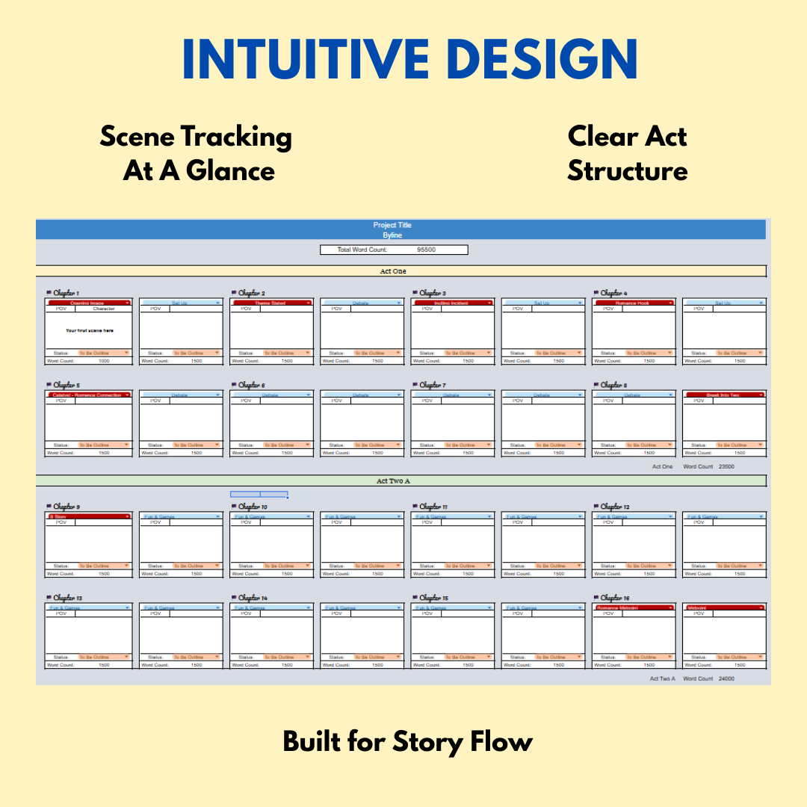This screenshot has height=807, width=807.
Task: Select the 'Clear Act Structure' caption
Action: [x=627, y=154]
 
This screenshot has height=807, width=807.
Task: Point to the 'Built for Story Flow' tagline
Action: [x=407, y=742]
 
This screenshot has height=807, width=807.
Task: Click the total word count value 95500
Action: [x=427, y=250]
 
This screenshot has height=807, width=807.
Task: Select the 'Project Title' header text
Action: [x=392, y=225]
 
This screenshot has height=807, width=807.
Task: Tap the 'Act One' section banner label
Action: [x=393, y=271]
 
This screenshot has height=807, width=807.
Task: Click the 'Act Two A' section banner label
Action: [x=393, y=481]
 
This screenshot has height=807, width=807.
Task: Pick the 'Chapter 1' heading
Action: [x=66, y=294]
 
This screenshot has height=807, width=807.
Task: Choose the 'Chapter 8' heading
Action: [x=613, y=386]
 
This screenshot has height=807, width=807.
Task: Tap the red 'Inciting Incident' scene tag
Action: [x=451, y=303]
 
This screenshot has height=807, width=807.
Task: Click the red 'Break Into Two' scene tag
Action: [x=723, y=395]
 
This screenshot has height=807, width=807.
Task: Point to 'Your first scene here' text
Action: [x=90, y=330]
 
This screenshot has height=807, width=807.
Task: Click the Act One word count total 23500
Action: [x=726, y=466]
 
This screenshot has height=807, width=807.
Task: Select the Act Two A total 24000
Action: [x=726, y=678]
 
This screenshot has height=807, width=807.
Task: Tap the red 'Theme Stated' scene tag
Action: [x=270, y=303]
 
